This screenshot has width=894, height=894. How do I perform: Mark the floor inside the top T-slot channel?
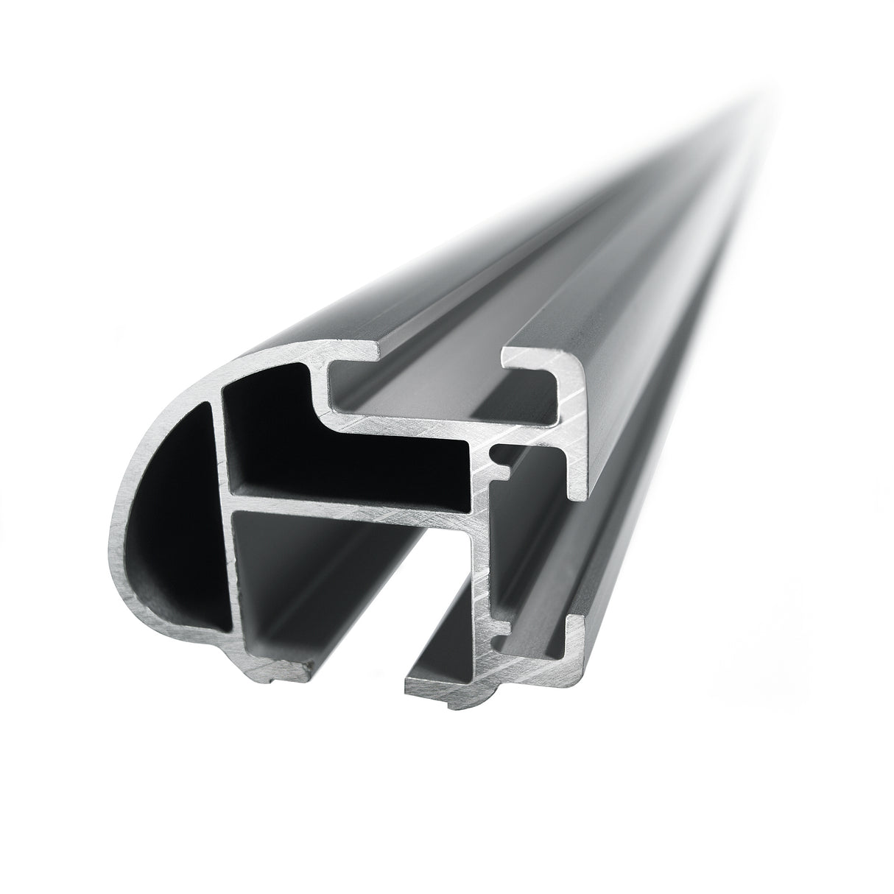(x=442, y=412)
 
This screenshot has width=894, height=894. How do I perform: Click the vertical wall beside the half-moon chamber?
(x=225, y=530)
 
